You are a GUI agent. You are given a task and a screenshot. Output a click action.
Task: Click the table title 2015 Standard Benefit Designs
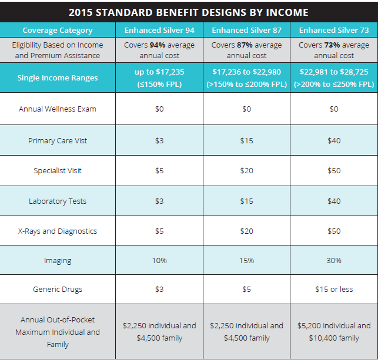pos(188,12)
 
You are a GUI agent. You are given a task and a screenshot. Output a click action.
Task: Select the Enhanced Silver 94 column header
pos(159,31)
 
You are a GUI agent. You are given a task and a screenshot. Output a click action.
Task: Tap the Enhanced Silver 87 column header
pos(247,31)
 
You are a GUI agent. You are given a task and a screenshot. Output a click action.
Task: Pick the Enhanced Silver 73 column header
pos(334,31)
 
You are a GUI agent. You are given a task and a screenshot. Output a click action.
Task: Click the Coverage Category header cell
pos(58,31)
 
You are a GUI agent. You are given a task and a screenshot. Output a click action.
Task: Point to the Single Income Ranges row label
pos(58,78)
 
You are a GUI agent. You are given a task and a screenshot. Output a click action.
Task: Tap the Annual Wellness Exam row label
pos(58,109)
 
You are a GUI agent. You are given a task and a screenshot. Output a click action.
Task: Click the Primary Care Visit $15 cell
pos(247,140)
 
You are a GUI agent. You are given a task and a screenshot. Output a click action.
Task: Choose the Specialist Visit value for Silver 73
pos(334,171)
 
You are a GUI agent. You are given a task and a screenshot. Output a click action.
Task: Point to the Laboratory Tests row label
pos(58,201)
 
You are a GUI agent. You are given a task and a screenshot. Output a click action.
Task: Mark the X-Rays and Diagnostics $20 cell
pos(247,231)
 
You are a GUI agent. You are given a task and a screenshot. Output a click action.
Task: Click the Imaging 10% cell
pos(159,260)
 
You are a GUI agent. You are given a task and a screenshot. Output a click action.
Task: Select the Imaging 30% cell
pos(334,260)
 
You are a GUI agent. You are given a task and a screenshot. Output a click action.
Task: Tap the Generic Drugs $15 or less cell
pos(334,289)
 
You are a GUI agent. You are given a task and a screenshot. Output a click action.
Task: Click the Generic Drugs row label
pos(58,289)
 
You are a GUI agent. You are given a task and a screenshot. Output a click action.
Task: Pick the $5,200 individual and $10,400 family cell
pos(334,332)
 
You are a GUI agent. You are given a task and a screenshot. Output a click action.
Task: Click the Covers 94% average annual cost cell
pos(159,51)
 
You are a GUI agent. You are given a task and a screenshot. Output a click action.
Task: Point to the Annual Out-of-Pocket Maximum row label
pos(58,332)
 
